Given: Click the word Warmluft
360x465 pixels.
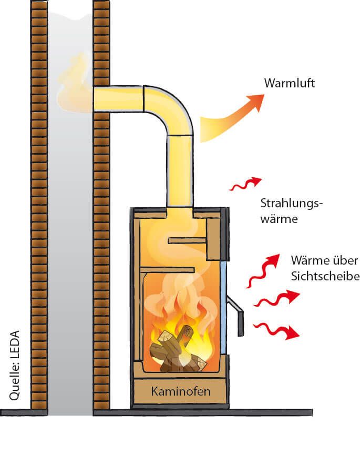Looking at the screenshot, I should [x=290, y=83].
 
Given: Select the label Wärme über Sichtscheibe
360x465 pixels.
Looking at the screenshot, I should [x=324, y=268].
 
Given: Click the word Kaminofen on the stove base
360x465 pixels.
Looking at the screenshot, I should [x=181, y=391].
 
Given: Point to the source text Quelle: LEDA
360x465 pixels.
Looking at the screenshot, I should [x=15, y=366].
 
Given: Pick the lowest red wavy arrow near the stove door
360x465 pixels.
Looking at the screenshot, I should [x=276, y=330].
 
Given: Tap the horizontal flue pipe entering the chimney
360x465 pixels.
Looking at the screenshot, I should [x=118, y=99].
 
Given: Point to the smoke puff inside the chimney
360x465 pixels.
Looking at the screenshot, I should [x=74, y=84].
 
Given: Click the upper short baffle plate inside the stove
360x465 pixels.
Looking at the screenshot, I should [x=187, y=240].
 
